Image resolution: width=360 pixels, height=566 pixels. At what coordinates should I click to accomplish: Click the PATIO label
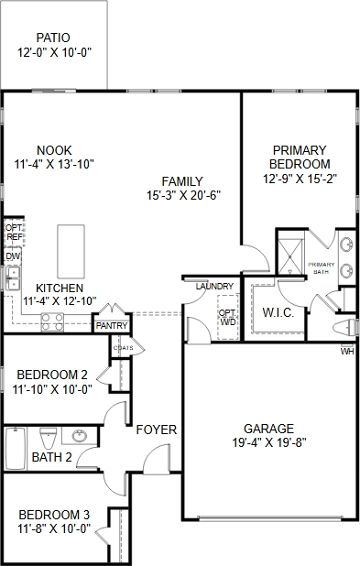(x=53, y=38)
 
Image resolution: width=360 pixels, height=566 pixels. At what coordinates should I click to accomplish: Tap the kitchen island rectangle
(x=71, y=252)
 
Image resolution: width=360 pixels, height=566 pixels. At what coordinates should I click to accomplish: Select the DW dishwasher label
(x=13, y=256)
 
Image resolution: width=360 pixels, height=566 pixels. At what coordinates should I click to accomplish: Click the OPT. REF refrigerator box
(x=15, y=232)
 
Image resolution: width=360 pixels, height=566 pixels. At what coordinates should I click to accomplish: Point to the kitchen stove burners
(x=52, y=321)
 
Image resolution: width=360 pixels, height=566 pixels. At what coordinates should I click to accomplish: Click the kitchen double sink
(x=13, y=278)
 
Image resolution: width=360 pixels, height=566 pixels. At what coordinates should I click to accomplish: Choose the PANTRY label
(x=112, y=326)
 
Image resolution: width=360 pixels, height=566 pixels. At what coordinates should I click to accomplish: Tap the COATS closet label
(x=123, y=348)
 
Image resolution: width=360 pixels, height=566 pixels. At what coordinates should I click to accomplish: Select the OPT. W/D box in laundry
(x=228, y=317)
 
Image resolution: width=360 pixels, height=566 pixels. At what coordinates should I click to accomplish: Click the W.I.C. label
(x=278, y=312)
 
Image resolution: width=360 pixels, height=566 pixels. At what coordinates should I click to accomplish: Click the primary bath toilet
(x=344, y=328)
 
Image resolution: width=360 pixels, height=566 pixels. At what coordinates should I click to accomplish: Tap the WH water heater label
(x=347, y=351)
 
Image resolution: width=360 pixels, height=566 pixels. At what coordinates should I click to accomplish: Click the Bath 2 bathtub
(x=16, y=449)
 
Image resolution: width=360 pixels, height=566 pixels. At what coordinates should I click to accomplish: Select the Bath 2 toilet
(x=49, y=437)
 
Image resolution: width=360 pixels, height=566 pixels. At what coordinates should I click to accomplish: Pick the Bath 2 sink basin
(x=79, y=436)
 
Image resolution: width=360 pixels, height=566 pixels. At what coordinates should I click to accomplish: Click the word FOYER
(x=157, y=430)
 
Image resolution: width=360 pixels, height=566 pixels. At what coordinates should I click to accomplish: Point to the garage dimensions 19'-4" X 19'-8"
(x=269, y=442)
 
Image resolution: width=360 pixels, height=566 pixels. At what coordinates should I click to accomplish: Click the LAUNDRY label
(x=215, y=287)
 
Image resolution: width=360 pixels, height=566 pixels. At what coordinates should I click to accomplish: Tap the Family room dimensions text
(x=183, y=195)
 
